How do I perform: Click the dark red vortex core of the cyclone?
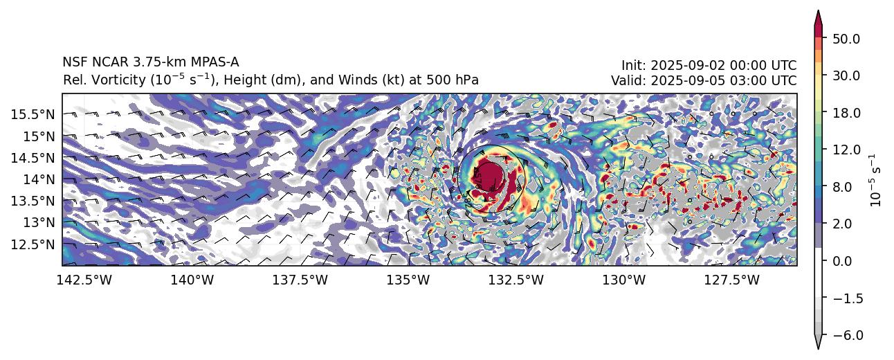point(490,173)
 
